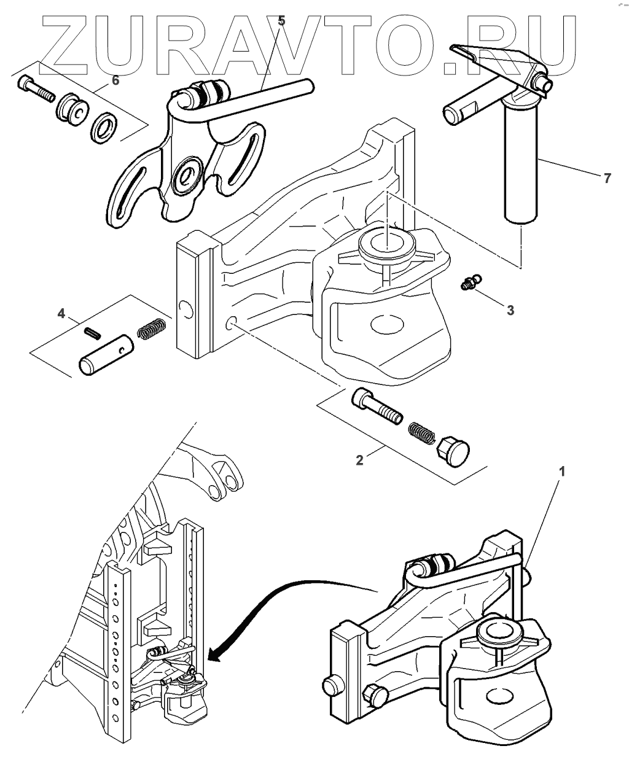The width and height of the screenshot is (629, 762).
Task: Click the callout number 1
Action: coord(562,472)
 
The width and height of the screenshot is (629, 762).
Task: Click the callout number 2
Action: coord(360,459)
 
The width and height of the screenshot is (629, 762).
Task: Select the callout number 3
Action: coord(510,310)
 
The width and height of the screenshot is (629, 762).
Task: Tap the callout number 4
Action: coord(61,313)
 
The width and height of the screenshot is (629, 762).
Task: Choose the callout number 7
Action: coord(608,178)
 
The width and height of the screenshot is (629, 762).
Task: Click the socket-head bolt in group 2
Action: coord(377,407)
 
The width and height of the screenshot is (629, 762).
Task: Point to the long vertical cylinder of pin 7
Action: coord(522,166)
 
